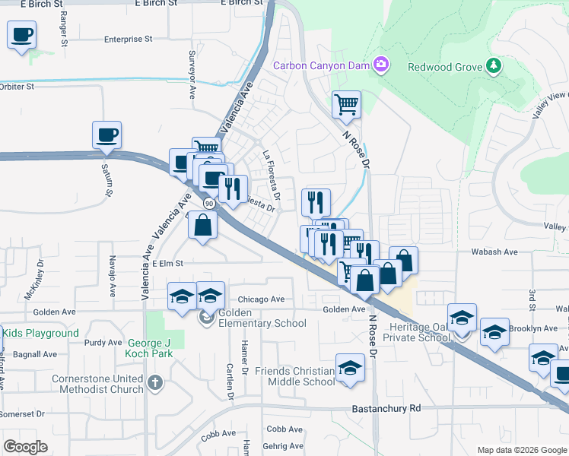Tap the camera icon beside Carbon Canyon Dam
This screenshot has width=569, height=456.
381,66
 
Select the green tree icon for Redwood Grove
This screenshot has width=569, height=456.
494,66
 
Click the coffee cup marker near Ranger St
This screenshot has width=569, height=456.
22,34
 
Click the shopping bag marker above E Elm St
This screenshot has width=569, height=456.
203,225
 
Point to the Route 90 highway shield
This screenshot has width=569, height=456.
209,204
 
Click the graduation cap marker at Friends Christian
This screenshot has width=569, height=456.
350,368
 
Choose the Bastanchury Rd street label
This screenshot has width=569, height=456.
386,408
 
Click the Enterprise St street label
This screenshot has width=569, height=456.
129,38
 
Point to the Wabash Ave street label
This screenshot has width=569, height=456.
497,252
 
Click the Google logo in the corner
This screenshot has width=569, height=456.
26,447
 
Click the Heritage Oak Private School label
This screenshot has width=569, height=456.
417,332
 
